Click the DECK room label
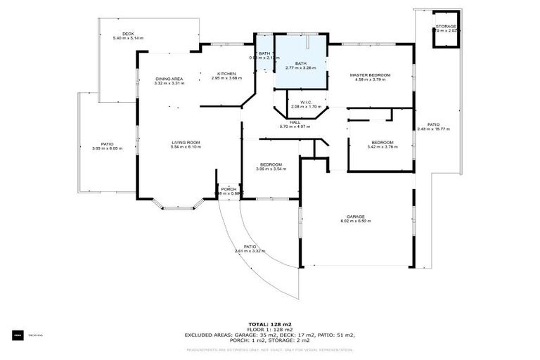(x=127, y=34)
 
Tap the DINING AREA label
(x=169, y=79)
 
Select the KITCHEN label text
(x=226, y=74)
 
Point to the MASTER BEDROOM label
(x=371, y=75)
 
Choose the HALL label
(x=285, y=122)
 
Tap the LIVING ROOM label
(x=186, y=143)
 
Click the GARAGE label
(x=355, y=217)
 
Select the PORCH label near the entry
(x=229, y=189)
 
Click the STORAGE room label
(x=446, y=27)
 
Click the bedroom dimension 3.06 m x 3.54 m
(x=271, y=169)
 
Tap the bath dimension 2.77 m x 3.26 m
(x=300, y=68)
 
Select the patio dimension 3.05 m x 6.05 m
(x=107, y=148)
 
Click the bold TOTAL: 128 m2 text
(x=269, y=323)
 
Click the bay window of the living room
(x=177, y=206)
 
